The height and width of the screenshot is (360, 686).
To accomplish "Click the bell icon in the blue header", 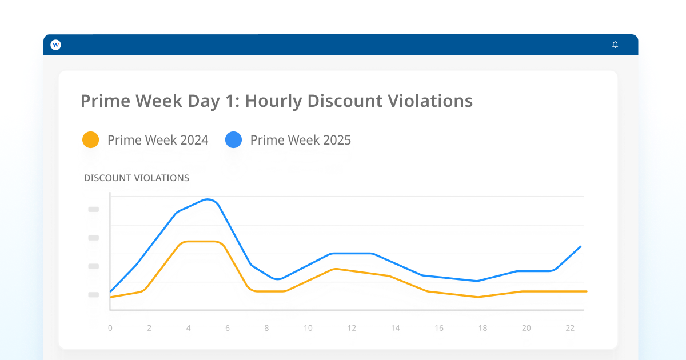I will coord(615,45).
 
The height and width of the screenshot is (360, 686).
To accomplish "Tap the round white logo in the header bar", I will coord(55,45).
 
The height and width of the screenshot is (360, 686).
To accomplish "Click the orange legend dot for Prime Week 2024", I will coord(90,140).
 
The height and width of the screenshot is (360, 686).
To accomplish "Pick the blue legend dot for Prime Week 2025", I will coord(233,140).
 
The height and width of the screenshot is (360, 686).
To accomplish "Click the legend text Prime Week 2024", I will coord(158,140).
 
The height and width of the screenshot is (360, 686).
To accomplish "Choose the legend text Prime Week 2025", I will coord(301,140).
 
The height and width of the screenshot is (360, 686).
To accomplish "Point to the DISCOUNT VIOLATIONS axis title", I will coord(137,178).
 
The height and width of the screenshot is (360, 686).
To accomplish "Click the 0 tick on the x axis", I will coord(110,328).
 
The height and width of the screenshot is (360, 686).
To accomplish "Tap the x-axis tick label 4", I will coord(188,328).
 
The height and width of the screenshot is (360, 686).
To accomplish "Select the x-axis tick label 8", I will coord(266,328).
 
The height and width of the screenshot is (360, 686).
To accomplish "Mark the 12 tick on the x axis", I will coord(352,328).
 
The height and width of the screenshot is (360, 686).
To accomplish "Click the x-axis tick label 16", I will coord(439,328).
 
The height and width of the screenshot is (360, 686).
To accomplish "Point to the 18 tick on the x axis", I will coord(482,328).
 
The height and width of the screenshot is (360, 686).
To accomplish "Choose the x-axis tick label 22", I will coord(569,328).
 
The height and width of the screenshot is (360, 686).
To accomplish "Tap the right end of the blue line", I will coord(581,246).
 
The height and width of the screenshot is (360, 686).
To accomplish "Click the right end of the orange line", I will coord(587,291).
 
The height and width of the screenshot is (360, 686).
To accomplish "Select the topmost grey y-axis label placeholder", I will coord(94,209).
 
